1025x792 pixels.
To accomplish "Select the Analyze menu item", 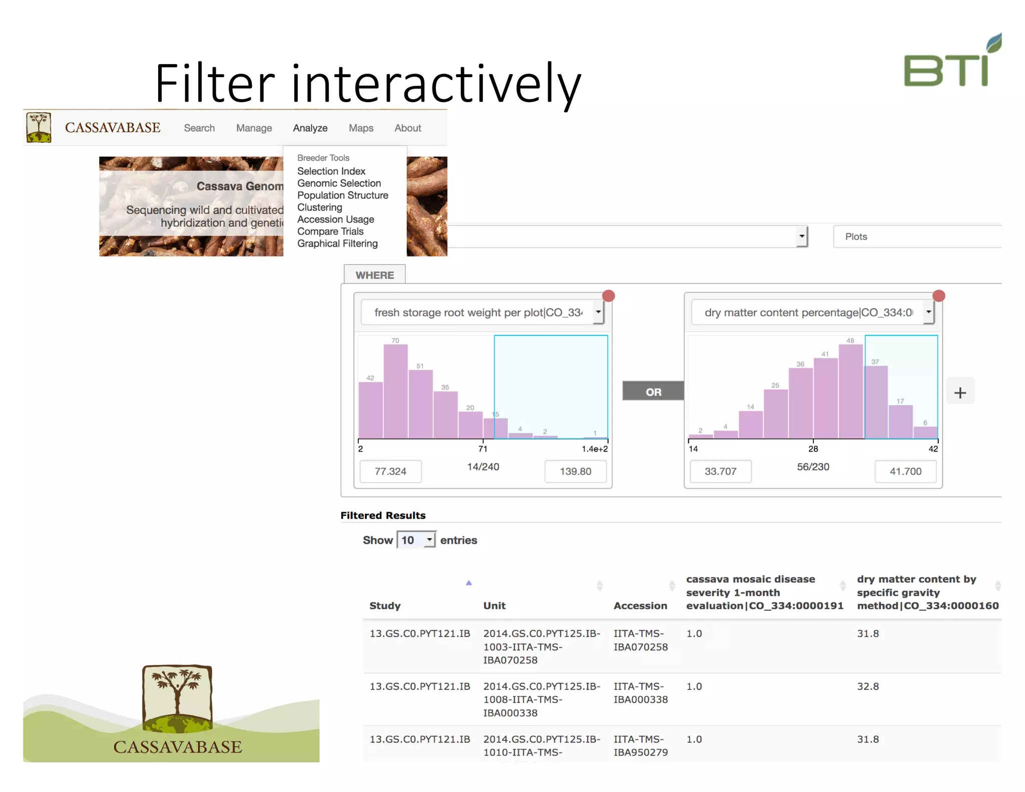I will tap(310, 128).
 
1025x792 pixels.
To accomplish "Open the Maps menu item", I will tap(361, 128).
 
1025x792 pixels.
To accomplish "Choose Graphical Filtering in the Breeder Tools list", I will tap(337, 244).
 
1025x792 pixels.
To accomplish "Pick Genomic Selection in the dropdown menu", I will tap(339, 184).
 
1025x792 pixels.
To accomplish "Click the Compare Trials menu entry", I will tap(330, 232).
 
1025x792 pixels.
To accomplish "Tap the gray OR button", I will tap(653, 391).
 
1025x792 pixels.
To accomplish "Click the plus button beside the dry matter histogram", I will tap(960, 392).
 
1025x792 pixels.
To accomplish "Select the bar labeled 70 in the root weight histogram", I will tap(395, 390).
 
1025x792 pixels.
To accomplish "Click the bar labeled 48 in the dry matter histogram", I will tap(850, 390).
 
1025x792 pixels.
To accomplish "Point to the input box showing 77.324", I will tap(390, 472).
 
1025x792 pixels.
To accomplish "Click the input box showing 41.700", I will tap(905, 472).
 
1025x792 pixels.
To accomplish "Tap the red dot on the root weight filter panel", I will tap(609, 296).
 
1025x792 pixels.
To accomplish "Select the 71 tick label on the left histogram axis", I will tap(482, 449).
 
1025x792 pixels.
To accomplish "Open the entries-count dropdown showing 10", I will tap(416, 540).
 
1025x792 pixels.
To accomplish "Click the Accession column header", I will tap(640, 606).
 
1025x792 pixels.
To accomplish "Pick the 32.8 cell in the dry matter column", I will tap(868, 686).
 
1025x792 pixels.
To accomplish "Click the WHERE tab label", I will tap(374, 275).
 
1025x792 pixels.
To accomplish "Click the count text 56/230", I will tap(813, 467).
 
